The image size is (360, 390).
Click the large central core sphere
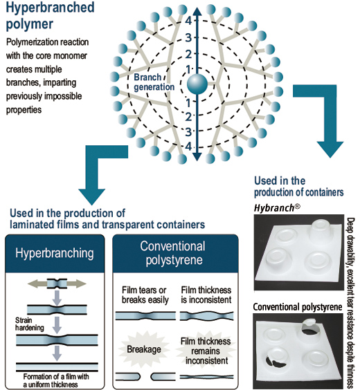(197, 84)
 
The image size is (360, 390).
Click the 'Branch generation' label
(154, 82)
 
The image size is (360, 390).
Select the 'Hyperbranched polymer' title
(50, 15)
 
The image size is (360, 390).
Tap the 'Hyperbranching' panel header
(55, 253)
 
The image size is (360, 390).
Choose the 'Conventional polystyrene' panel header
(174, 253)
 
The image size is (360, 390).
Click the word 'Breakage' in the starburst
(144, 349)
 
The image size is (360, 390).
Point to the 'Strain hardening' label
(29, 324)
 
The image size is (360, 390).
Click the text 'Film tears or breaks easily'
(145, 295)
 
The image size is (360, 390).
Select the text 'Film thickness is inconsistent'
(206, 295)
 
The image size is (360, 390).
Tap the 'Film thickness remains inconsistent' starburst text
(206, 351)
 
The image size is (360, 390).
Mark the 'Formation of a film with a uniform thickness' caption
(54, 380)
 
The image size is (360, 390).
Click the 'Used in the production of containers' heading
(299, 187)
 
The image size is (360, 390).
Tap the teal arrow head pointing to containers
(330, 149)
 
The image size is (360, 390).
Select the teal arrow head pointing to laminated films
(91, 197)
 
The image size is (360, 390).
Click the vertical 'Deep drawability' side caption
(350, 304)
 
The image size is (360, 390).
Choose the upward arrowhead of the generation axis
(197, 12)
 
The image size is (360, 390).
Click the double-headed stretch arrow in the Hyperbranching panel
(57, 284)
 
